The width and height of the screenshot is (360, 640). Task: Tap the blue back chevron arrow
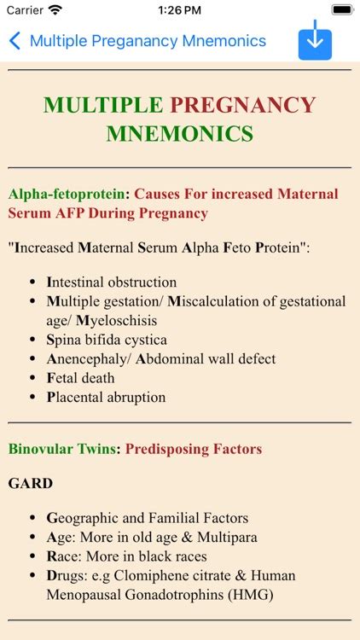pyautogui.click(x=15, y=41)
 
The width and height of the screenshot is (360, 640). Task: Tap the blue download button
pyautogui.click(x=315, y=41)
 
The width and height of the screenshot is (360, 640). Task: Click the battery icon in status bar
pyautogui.click(x=341, y=9)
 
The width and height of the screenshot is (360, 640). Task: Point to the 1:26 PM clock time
pyautogui.click(x=180, y=10)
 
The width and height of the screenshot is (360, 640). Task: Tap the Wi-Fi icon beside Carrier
pyautogui.click(x=55, y=10)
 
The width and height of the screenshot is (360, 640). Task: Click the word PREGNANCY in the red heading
pyautogui.click(x=242, y=106)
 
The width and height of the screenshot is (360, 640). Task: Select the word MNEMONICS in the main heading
pyautogui.click(x=180, y=134)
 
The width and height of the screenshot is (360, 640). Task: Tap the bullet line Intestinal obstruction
pyautogui.click(x=112, y=282)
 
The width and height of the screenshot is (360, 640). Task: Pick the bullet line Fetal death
pyautogui.click(x=80, y=378)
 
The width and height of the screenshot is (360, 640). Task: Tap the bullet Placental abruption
pyautogui.click(x=106, y=398)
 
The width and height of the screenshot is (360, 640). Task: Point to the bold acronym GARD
pyautogui.click(x=31, y=484)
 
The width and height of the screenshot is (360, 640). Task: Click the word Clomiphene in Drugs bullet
pyautogui.click(x=161, y=575)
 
